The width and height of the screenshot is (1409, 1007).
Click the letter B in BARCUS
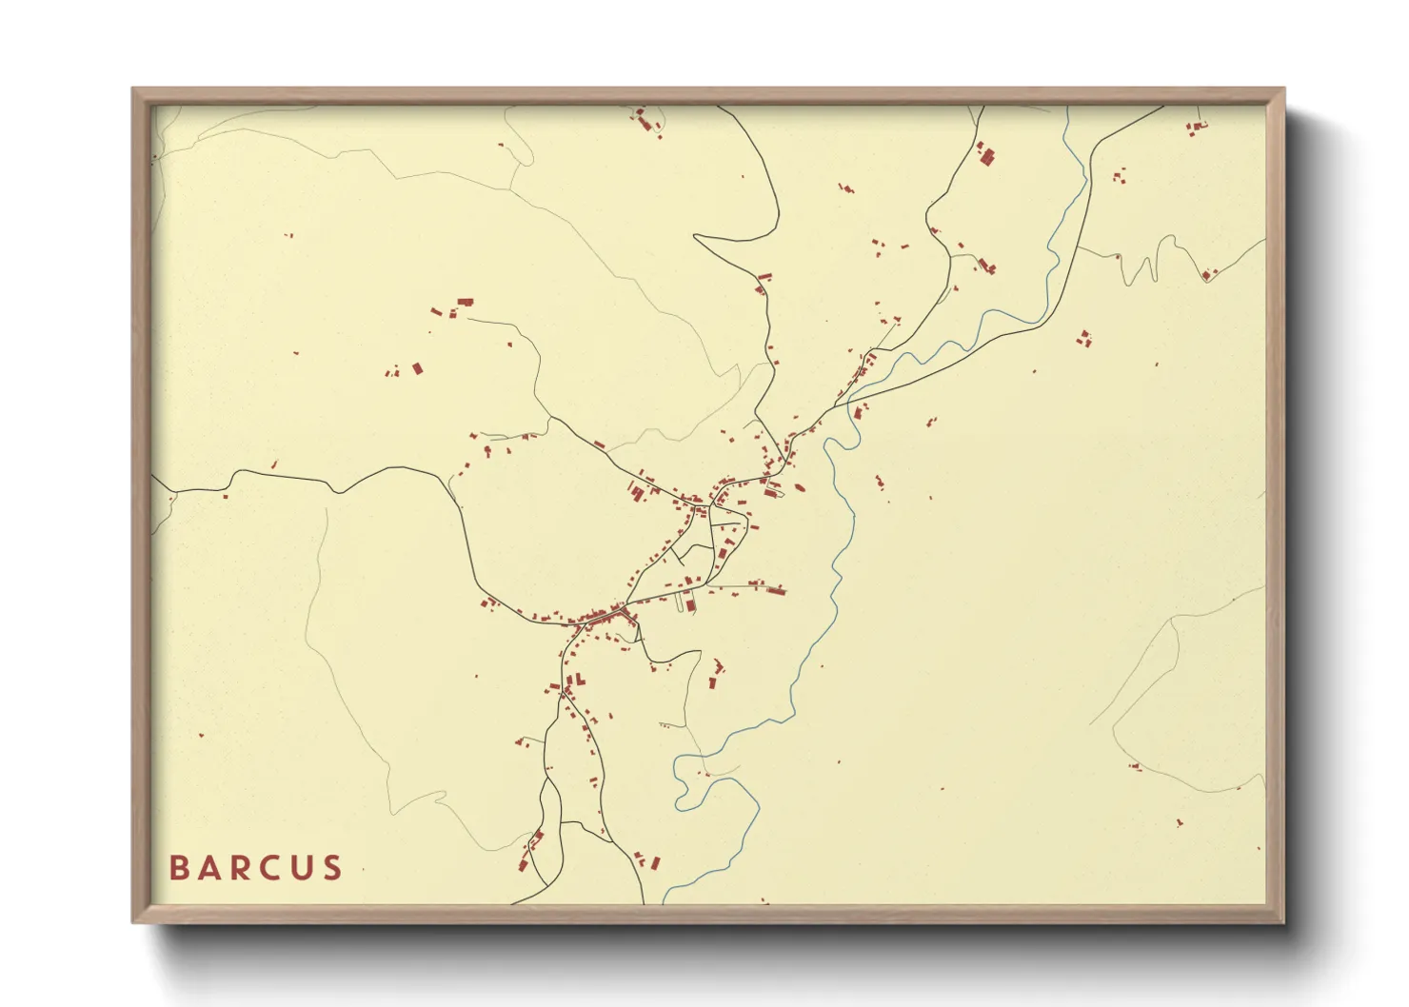pos(179,868)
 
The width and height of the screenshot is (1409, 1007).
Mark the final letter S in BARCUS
pos(333,868)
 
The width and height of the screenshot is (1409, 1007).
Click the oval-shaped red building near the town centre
pos(798,487)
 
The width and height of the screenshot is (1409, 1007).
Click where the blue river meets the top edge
pos(1067,108)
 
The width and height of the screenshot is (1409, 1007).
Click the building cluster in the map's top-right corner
pos(1196,126)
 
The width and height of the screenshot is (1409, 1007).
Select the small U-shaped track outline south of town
pos(685,602)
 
